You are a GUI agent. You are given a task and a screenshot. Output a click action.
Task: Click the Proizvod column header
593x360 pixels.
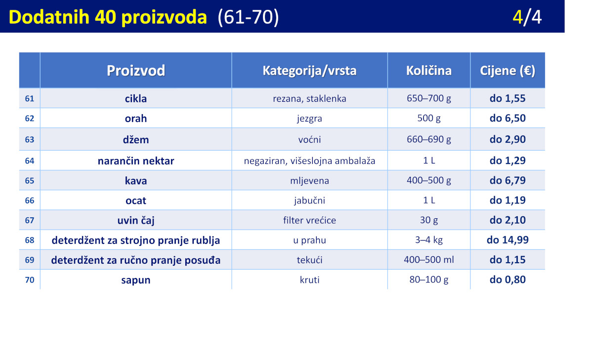[x=136, y=71]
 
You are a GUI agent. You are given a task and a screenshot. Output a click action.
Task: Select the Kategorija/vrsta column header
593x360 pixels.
[x=309, y=71]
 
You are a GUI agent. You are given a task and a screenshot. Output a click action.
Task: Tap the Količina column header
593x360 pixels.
[x=429, y=70]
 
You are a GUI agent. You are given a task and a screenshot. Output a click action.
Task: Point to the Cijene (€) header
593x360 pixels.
[x=508, y=71]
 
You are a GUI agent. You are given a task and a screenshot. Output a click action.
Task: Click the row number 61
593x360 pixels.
[x=29, y=98]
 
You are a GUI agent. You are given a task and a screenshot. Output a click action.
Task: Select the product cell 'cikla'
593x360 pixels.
[x=136, y=98]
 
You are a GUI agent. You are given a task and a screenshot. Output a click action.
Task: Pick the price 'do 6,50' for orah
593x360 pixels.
[x=508, y=118]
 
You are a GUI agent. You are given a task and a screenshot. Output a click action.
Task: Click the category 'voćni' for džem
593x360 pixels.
[x=309, y=139]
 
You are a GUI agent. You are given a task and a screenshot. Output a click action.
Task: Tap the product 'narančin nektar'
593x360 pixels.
[x=136, y=161]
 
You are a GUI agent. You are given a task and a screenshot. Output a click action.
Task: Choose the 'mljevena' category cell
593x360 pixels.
[x=309, y=181]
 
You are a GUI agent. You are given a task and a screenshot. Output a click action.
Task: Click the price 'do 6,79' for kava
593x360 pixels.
[x=508, y=180]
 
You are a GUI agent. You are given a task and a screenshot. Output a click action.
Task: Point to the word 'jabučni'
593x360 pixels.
[x=309, y=200]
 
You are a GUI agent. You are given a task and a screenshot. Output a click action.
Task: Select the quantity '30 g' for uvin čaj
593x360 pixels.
[x=429, y=220]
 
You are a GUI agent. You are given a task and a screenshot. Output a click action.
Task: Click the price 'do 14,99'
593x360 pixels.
[x=508, y=240]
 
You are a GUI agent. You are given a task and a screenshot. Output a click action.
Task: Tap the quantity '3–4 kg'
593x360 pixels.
[x=429, y=240]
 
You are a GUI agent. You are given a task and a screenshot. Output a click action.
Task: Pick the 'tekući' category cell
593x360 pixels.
[x=309, y=260]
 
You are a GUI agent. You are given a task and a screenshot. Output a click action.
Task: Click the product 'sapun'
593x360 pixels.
[x=136, y=280]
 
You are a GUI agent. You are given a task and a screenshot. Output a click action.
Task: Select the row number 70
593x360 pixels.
[x=29, y=280]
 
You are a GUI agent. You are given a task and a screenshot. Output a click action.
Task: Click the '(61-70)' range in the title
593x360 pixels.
[x=248, y=17]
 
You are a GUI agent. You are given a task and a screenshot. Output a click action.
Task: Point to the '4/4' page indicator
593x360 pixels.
[x=527, y=17]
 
